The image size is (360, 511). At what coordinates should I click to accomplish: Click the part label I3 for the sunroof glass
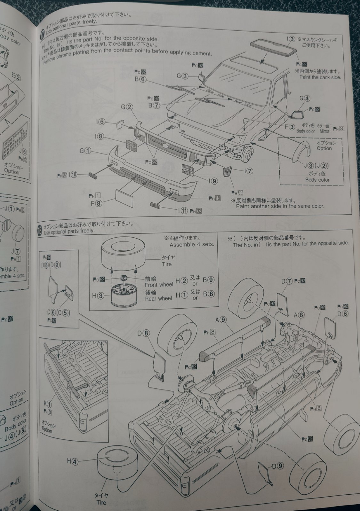[291, 39]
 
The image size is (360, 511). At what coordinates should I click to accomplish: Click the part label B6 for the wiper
[140, 79]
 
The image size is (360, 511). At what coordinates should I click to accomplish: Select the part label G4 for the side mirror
[305, 98]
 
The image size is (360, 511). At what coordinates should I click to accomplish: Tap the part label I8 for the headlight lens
[100, 137]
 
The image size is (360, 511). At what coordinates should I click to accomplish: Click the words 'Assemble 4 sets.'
[192, 245]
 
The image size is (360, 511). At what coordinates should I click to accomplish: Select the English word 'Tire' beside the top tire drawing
[167, 264]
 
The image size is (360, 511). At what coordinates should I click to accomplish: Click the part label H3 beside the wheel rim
[98, 296]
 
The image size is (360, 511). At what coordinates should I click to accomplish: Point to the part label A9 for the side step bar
[221, 319]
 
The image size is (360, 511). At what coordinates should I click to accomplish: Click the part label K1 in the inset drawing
[49, 406]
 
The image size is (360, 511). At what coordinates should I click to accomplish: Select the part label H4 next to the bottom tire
[72, 461]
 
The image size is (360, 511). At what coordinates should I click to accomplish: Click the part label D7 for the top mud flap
[287, 281]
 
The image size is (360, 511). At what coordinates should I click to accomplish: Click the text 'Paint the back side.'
[320, 77]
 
